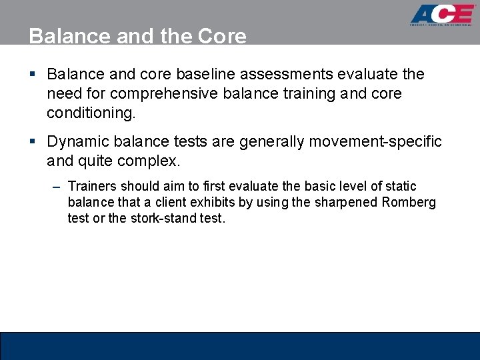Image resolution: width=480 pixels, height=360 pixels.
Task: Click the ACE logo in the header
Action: click(441, 15)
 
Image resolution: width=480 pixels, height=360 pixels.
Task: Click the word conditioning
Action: click(90, 113)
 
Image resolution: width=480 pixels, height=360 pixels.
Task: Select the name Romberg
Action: click(409, 203)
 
